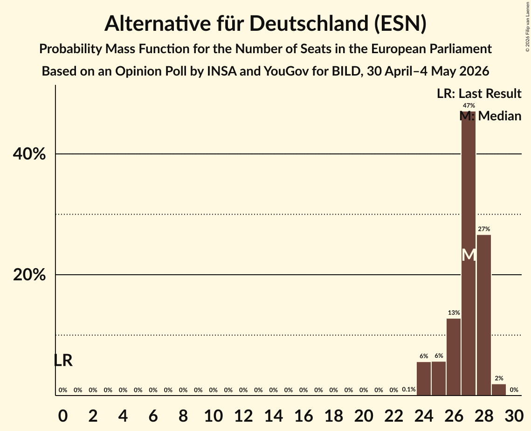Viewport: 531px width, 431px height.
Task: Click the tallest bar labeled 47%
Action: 469,253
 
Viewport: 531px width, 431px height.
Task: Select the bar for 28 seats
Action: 483,315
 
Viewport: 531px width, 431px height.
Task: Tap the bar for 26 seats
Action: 454,357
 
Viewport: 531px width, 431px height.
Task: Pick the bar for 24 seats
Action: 424,378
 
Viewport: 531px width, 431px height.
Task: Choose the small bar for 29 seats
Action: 499,389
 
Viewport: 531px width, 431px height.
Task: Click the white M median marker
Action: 469,255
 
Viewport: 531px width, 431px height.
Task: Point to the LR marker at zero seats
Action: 63,360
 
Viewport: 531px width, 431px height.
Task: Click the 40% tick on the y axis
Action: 29,154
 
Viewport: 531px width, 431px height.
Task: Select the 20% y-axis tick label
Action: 29,275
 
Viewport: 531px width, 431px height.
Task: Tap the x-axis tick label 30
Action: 514,416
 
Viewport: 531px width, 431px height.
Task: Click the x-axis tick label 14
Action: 273,416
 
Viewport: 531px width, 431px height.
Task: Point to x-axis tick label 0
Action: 63,416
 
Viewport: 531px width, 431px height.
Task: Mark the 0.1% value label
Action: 409,389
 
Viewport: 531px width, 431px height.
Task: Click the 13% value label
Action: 454,313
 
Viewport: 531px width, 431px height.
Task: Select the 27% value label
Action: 484,229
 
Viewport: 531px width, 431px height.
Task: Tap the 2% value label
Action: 499,378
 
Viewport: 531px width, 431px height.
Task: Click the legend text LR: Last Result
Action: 479,93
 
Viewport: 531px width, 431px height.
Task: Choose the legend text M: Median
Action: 490,116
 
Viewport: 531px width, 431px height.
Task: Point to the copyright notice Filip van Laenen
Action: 527,27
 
